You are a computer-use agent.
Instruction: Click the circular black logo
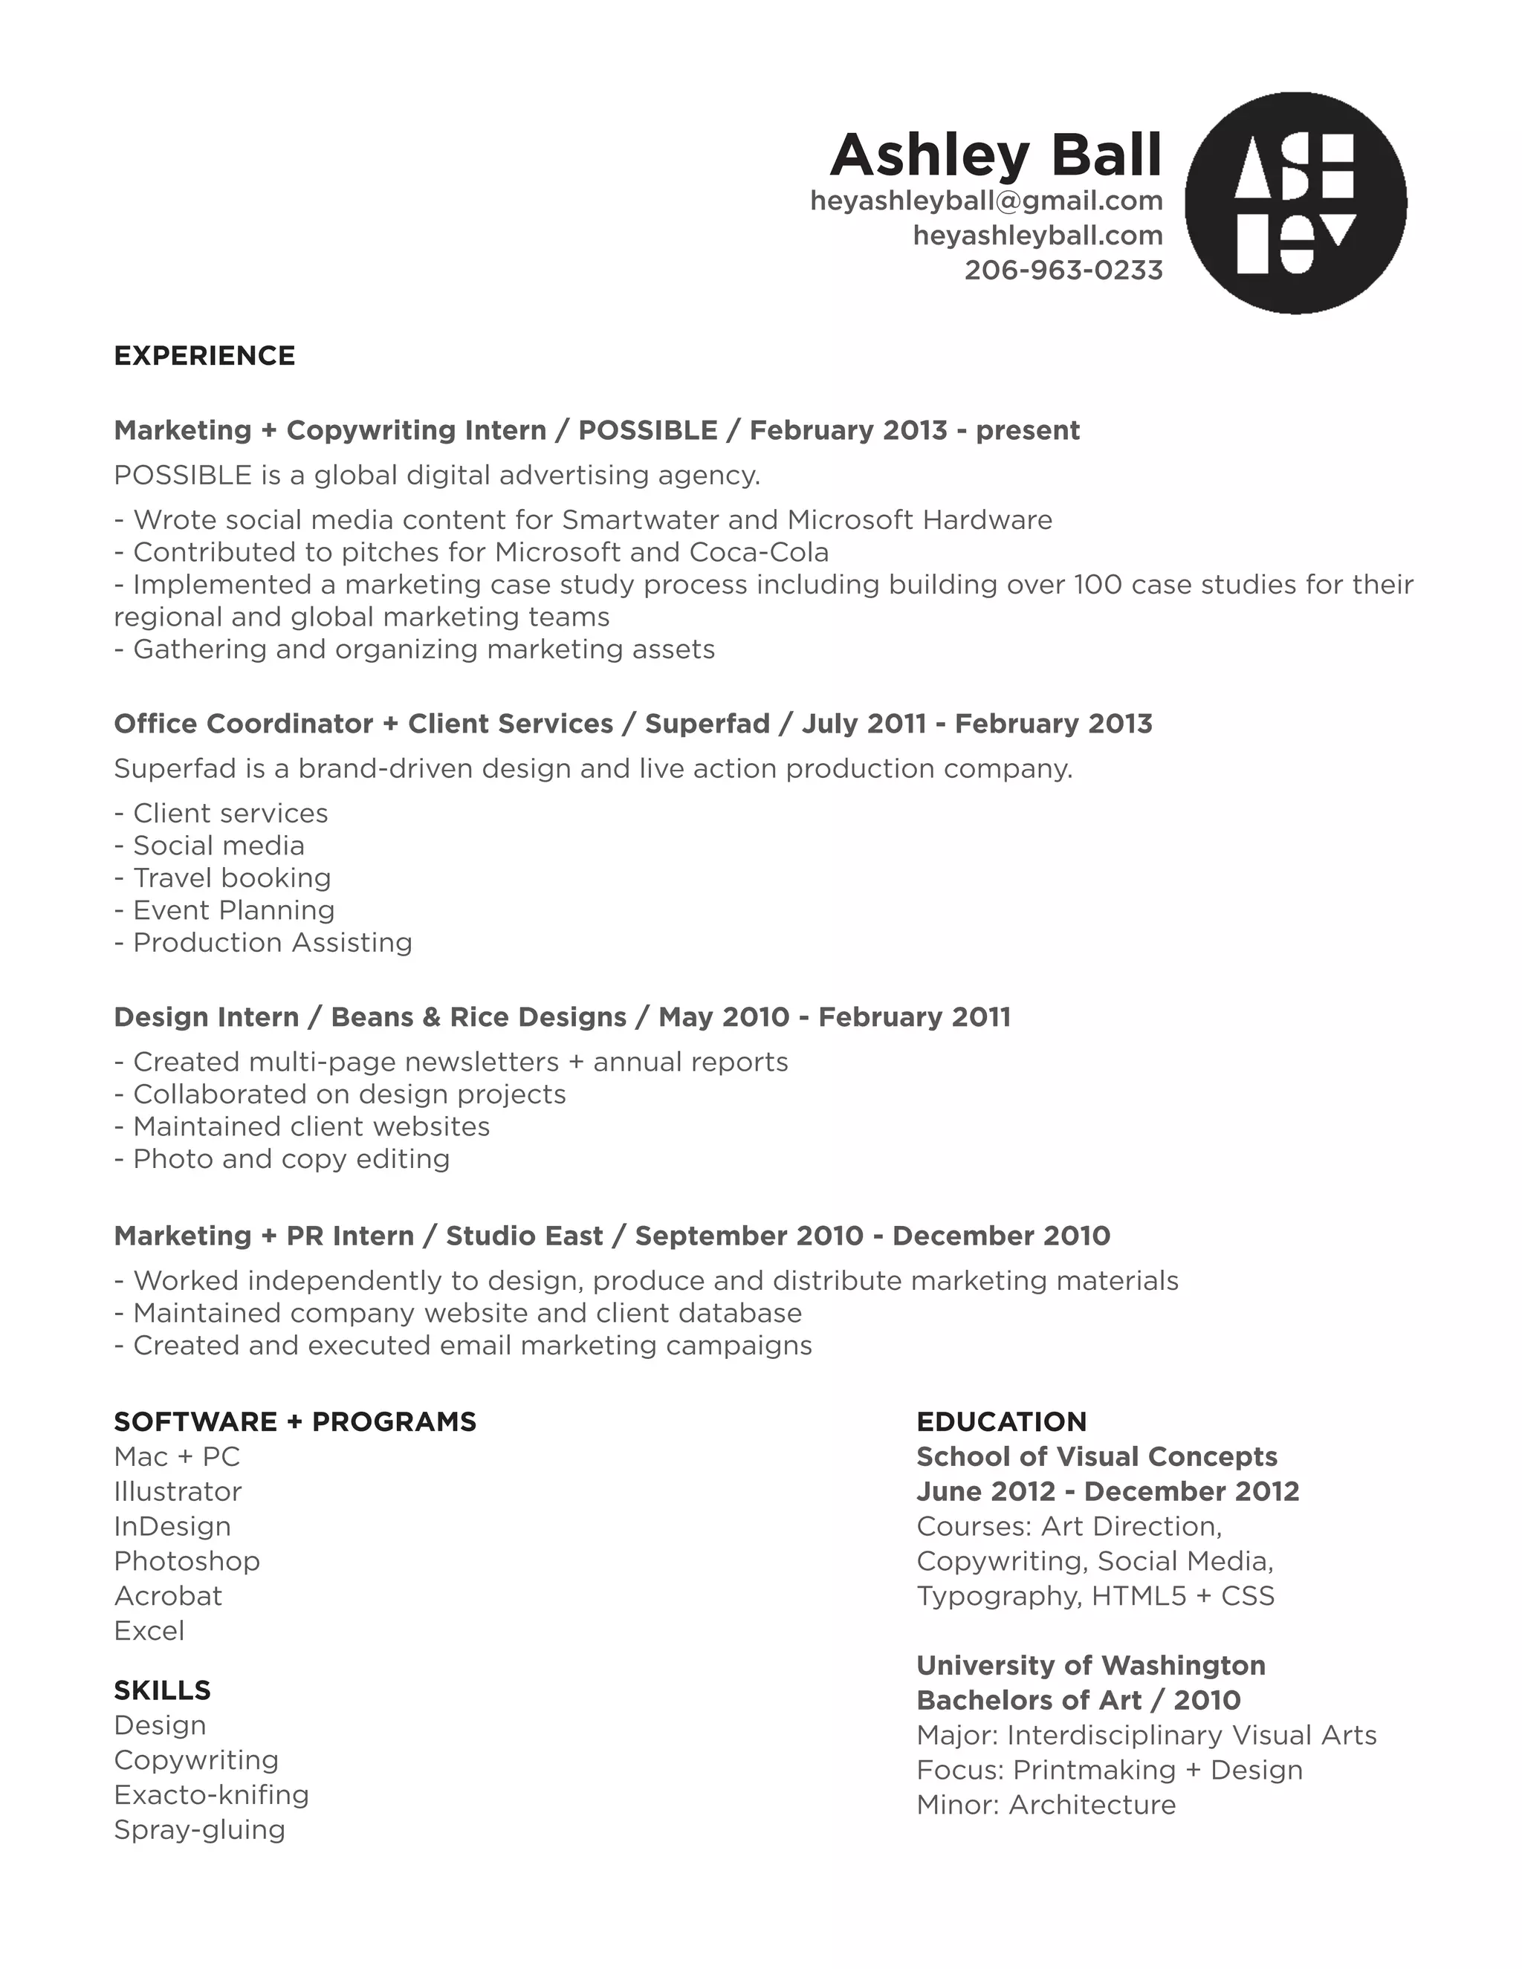[1295, 203]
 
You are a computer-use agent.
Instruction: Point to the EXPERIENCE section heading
[204, 356]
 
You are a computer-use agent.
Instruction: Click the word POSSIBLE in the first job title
[647, 430]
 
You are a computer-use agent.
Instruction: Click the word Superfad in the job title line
[707, 723]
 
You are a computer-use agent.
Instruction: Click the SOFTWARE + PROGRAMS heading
[295, 1421]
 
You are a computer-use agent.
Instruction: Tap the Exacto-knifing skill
[211, 1794]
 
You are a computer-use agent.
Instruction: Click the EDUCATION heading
[1001, 1421]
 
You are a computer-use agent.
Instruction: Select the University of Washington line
[1090, 1665]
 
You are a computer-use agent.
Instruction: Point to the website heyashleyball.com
[1037, 236]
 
